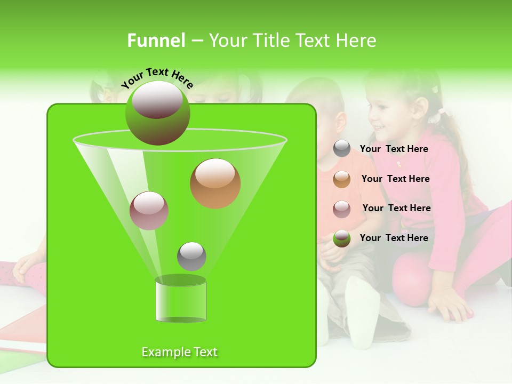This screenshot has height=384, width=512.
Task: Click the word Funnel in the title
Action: click(x=156, y=41)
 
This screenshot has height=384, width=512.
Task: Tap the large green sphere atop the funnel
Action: click(x=157, y=113)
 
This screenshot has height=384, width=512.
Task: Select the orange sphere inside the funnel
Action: click(x=215, y=183)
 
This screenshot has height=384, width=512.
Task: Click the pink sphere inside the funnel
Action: click(x=149, y=211)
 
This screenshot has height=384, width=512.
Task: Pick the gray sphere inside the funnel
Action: click(x=191, y=256)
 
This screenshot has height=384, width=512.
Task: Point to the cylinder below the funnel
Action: click(x=181, y=299)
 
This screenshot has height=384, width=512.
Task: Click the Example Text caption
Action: click(x=180, y=352)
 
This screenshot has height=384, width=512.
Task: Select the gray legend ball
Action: click(x=342, y=149)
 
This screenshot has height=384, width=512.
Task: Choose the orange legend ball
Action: click(x=342, y=179)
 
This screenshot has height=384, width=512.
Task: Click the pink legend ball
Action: click(x=342, y=209)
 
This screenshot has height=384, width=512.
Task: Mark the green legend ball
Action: click(x=342, y=238)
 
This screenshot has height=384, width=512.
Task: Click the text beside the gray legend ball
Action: click(x=394, y=149)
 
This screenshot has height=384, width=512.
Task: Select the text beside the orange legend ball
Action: click(x=395, y=179)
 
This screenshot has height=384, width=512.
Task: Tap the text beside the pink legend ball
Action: click(x=396, y=208)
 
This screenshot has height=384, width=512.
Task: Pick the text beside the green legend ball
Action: click(x=394, y=238)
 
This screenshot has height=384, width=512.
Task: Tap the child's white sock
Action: click(x=362, y=309)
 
